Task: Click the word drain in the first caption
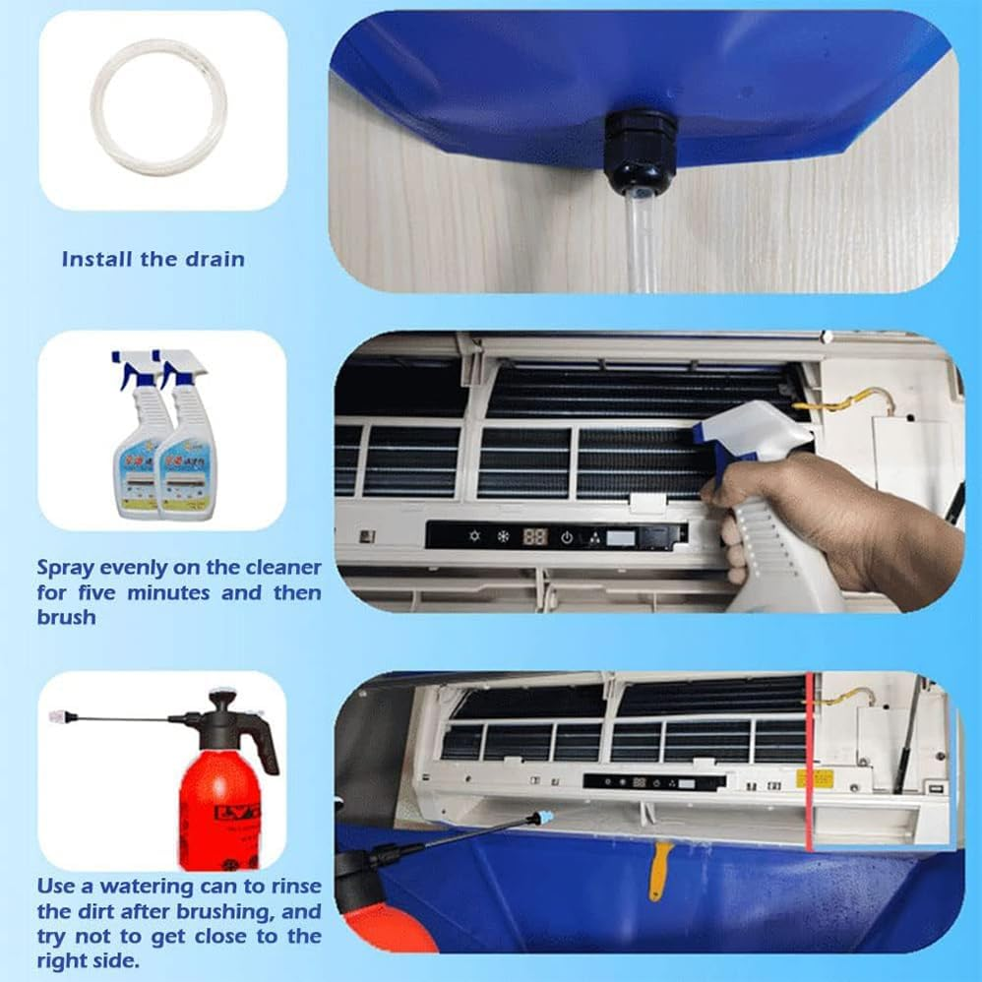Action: (x=215, y=260)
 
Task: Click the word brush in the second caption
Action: (x=66, y=617)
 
